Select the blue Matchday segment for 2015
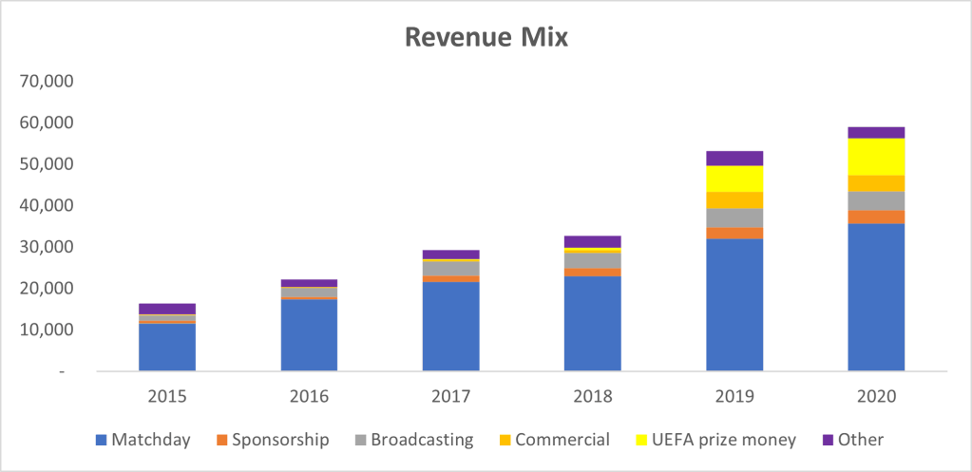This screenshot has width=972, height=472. (167, 348)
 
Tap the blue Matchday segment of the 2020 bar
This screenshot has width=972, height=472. (876, 297)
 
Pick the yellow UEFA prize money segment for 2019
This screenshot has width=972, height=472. (734, 179)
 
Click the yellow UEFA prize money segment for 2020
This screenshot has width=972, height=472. (876, 157)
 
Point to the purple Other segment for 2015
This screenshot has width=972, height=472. (167, 309)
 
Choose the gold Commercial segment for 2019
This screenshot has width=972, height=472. (734, 200)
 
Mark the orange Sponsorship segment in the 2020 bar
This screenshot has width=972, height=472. (876, 217)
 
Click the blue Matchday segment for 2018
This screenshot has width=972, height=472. (593, 324)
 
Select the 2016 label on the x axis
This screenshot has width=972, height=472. (309, 395)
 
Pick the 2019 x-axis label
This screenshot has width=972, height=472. (734, 395)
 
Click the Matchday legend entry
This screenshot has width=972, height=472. (142, 440)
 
